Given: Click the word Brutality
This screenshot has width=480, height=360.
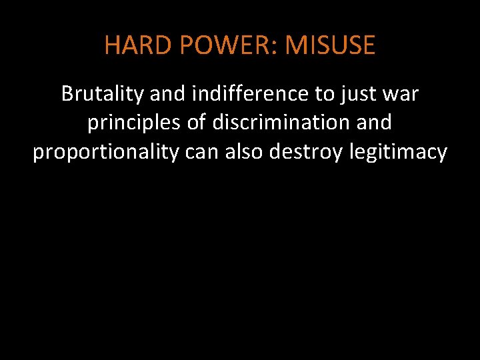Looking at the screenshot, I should tap(103, 94).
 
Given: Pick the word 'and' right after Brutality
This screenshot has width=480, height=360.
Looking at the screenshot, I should tap(165, 94).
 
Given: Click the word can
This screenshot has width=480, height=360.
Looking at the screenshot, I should tap(201, 153).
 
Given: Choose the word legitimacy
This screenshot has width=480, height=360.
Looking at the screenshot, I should tap(398, 153).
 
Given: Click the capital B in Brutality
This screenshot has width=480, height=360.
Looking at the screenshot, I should tap(67, 94).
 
